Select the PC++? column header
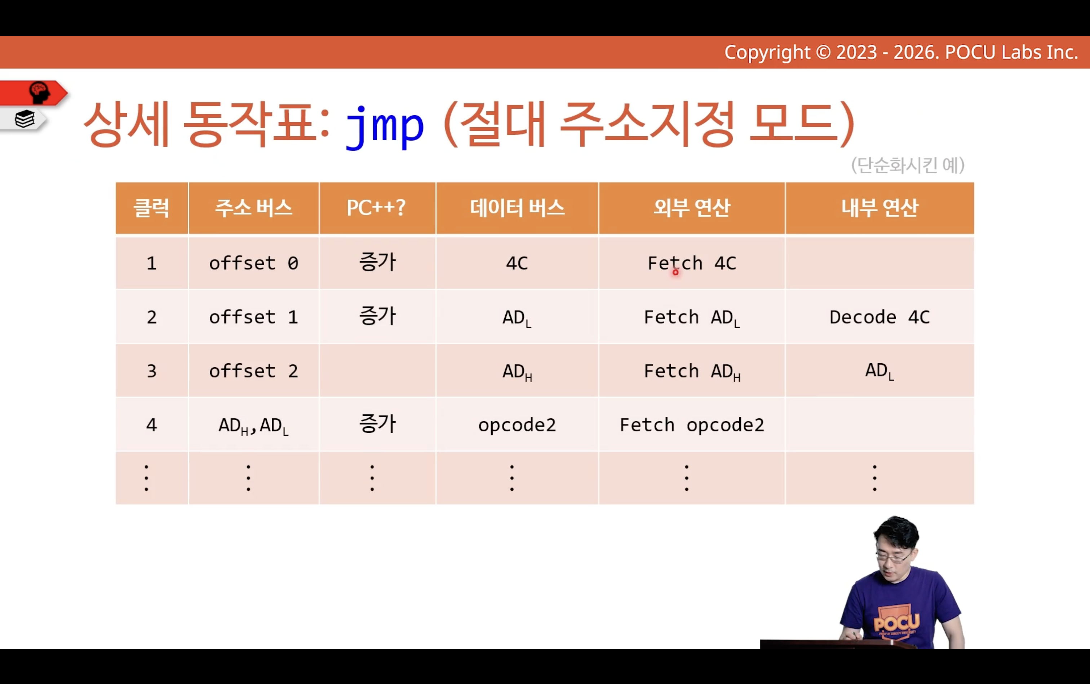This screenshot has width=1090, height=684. click(x=376, y=208)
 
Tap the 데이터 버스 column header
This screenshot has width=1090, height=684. click(x=517, y=208)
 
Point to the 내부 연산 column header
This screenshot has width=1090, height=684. click(x=879, y=208)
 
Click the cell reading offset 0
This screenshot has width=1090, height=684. click(x=253, y=263)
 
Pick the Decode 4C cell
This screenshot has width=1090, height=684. click(x=879, y=317)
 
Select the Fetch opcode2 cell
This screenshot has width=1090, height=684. click(x=692, y=425)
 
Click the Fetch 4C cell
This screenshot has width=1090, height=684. click(x=692, y=263)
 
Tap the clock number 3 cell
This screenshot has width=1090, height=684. click(x=152, y=371)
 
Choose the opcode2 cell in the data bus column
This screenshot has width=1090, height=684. click(x=517, y=425)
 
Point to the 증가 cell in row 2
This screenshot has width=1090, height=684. click(x=377, y=316)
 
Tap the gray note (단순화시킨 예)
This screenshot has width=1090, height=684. click(x=908, y=165)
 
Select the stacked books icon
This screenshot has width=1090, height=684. click(x=25, y=119)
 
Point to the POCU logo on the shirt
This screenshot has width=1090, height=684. click(x=896, y=622)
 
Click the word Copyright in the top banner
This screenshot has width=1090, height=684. click(x=767, y=53)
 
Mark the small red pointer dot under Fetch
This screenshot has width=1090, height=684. click(x=675, y=272)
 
